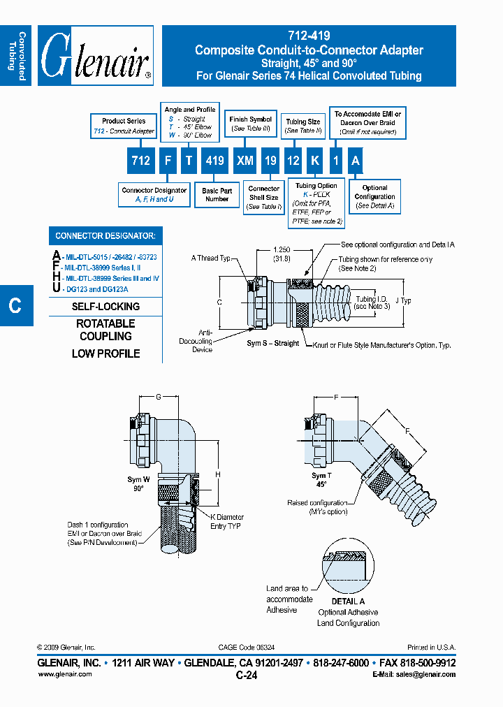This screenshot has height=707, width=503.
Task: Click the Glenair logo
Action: point(95,56)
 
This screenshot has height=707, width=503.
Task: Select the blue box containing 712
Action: point(140,161)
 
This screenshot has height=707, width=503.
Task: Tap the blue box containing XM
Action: point(245,161)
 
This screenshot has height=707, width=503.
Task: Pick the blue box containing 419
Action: point(214,161)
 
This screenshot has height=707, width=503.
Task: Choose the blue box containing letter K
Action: point(315,161)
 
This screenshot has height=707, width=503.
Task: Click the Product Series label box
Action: point(124,126)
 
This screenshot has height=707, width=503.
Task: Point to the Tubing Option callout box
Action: point(316,203)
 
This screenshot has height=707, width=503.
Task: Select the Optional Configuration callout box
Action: point(374,197)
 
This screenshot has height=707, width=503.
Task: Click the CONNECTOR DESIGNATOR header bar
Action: point(105,236)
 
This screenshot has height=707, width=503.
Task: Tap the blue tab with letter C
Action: point(15,305)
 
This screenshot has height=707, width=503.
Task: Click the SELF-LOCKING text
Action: point(105,307)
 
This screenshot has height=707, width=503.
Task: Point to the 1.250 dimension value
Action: point(282,249)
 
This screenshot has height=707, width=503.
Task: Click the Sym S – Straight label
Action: point(272,344)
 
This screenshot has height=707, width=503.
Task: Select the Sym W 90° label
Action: point(138,483)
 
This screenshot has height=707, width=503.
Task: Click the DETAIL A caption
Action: point(348,602)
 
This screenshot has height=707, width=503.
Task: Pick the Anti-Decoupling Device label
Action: point(202,341)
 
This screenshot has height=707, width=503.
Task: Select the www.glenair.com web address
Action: point(64,674)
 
